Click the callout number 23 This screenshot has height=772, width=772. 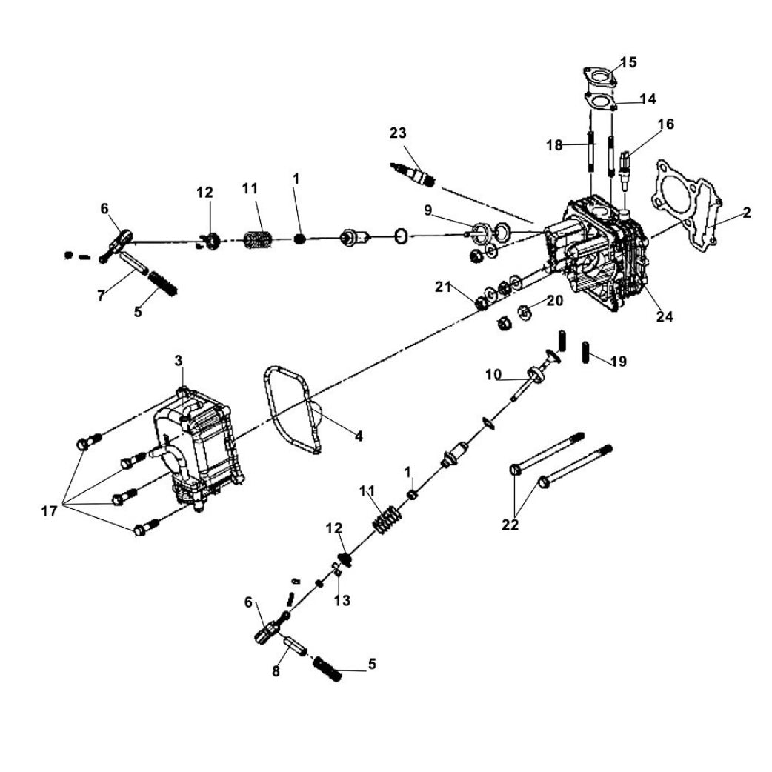point(398,133)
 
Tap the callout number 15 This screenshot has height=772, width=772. point(628,62)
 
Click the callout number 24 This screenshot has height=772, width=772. point(665,316)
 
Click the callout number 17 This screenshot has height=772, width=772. point(50,512)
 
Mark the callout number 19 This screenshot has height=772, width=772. point(619,362)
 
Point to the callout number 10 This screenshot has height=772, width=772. point(493,374)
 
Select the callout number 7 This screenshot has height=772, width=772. point(101,296)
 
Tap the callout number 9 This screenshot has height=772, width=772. point(427,210)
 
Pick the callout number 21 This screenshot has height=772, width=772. point(443,286)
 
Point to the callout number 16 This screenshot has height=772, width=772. point(665,124)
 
